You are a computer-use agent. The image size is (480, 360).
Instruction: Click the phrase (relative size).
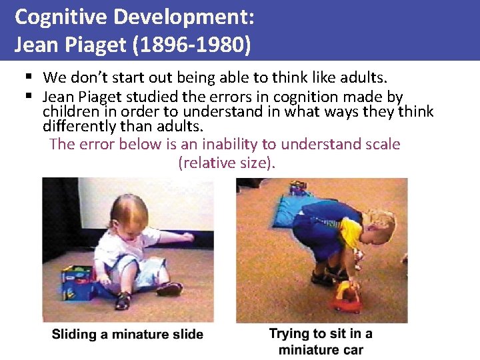(226, 162)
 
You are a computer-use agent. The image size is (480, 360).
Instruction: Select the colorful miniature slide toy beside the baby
(79, 283)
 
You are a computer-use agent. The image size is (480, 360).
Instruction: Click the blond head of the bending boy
(377, 226)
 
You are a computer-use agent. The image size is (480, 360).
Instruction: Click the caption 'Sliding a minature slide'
(127, 334)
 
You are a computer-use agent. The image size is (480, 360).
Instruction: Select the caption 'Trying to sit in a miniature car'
(321, 341)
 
